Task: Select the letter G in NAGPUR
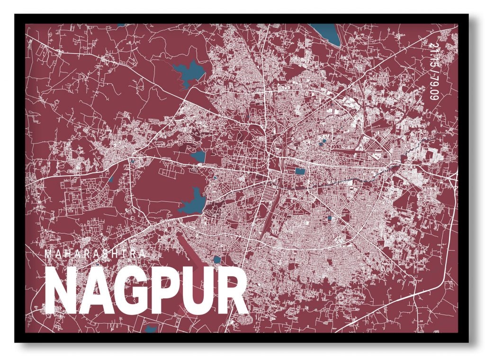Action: pyautogui.click(x=128, y=290)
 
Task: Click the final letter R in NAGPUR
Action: pyautogui.click(x=232, y=290)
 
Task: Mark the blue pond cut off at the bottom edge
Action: pyautogui.click(x=151, y=329)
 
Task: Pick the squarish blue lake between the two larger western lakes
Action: pyautogui.click(x=198, y=156)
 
